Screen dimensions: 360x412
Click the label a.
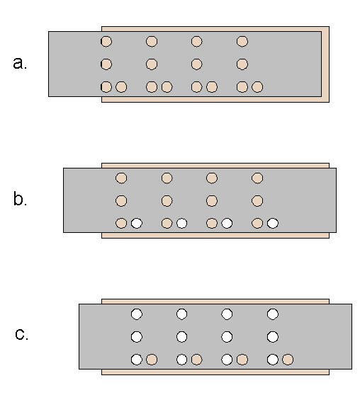[x=20, y=63]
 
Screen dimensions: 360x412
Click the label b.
[x=20, y=199]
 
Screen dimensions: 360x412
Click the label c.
[x=21, y=335]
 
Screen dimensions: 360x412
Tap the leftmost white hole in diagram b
[x=137, y=223]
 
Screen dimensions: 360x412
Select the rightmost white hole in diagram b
[x=272, y=223]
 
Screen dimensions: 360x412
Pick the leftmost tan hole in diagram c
[x=152, y=360]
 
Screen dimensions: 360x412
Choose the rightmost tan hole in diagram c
[x=288, y=360]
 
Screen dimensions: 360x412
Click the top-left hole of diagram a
[x=106, y=41]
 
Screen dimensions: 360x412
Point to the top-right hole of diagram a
[x=242, y=41]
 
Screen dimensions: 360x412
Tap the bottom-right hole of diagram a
[x=257, y=87]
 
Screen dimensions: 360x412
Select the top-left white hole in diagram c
[x=137, y=314]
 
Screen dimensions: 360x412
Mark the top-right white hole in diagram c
[x=272, y=314]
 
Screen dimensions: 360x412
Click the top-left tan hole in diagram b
[x=121, y=178]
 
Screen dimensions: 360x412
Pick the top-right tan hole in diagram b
[x=257, y=178]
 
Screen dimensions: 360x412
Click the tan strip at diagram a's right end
[x=325, y=64]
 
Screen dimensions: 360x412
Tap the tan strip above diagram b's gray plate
[x=215, y=166]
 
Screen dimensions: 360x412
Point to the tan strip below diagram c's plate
[x=215, y=372]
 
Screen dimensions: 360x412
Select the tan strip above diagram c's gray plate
[x=215, y=302]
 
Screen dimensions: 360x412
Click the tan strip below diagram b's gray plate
[x=215, y=235]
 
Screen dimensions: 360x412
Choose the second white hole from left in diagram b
[x=181, y=223]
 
